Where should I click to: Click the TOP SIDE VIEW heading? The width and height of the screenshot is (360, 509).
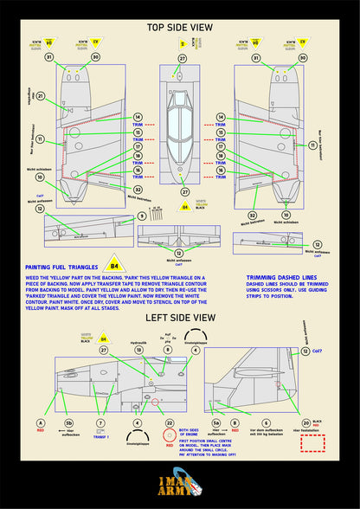179,28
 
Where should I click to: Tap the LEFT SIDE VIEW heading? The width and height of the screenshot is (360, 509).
179,317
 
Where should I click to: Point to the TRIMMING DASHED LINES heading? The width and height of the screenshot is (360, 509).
279,278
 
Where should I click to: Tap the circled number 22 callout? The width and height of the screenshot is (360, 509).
170,423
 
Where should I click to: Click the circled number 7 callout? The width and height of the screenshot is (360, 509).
101,423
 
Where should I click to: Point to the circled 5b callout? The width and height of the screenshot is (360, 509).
68,423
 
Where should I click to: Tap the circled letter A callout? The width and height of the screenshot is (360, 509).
40,423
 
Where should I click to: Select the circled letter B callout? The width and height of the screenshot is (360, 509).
235,423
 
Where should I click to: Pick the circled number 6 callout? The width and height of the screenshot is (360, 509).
266,423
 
